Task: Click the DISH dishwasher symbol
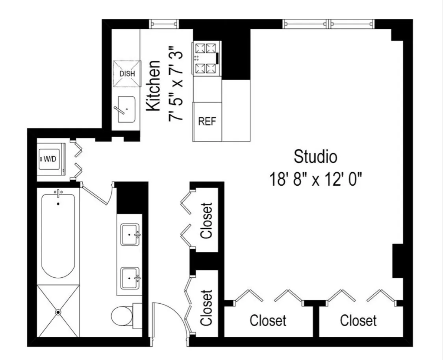127,73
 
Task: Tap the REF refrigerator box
207,122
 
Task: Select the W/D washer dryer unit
51,159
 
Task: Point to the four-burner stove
206,58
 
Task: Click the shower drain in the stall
58,312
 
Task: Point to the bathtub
58,236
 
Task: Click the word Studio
315,157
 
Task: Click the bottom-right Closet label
358,320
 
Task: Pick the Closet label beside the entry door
206,308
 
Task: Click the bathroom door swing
98,193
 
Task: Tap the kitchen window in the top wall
164,24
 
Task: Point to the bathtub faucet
58,193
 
